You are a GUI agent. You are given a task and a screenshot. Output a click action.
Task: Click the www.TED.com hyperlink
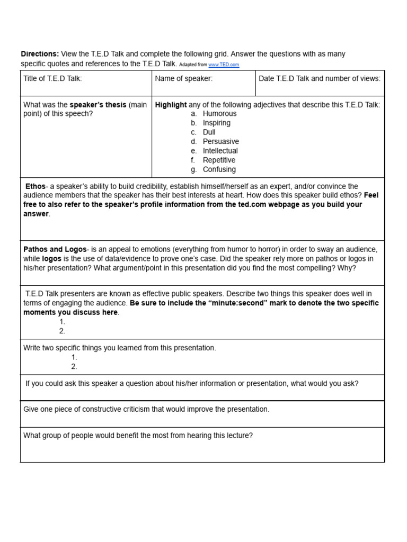tap(224, 65)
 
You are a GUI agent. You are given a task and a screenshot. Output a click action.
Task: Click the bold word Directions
tap(40, 54)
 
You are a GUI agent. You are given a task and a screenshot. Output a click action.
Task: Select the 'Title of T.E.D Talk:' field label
tap(52, 79)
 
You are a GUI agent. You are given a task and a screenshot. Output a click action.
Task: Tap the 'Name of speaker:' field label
tap(183, 79)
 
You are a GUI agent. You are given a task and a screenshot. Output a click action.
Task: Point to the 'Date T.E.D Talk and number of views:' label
tap(320, 79)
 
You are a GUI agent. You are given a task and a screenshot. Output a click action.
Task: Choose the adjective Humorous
tap(219, 113)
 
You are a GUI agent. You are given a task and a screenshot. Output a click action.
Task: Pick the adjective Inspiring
tap(216, 123)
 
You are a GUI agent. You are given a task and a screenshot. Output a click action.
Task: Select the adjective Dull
tap(209, 132)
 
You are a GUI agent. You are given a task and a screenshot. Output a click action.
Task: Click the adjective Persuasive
tap(220, 141)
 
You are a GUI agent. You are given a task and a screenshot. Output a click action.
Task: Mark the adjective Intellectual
tap(220, 151)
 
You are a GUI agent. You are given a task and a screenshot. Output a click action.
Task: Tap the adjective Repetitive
tap(219, 160)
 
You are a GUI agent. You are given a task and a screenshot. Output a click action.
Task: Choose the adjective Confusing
tap(219, 169)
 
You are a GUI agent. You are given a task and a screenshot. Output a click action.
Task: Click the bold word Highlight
tap(171, 105)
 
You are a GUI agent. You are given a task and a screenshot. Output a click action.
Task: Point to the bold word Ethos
tap(36, 186)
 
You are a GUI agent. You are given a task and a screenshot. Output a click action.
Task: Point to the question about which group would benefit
tap(138, 436)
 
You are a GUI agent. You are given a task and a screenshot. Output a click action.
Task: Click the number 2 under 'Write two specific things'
tap(74, 366)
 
